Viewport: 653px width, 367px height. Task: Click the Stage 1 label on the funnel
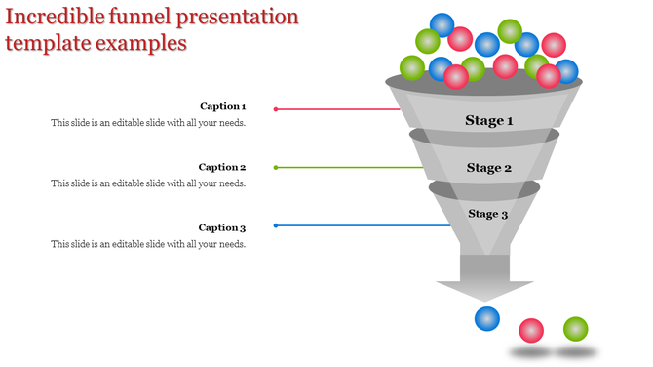pyautogui.click(x=488, y=121)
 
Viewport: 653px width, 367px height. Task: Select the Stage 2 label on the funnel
pyautogui.click(x=488, y=168)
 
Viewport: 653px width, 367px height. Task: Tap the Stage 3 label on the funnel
pyautogui.click(x=487, y=214)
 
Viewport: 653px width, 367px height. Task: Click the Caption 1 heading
pyautogui.click(x=222, y=106)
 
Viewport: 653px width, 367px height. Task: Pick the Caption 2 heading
pyautogui.click(x=222, y=167)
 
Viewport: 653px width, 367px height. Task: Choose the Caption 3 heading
pyautogui.click(x=222, y=228)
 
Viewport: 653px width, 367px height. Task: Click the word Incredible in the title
pyautogui.click(x=54, y=17)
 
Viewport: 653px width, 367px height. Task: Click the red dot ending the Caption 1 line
pyautogui.click(x=276, y=109)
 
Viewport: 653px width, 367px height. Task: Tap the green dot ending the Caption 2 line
pyautogui.click(x=276, y=168)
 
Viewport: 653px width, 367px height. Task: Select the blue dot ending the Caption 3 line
pyautogui.click(x=276, y=225)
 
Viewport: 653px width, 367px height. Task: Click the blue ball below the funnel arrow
pyautogui.click(x=486, y=318)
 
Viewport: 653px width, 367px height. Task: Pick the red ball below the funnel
pyautogui.click(x=531, y=331)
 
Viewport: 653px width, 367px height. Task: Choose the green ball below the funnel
pyautogui.click(x=576, y=329)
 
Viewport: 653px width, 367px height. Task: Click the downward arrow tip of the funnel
pyautogui.click(x=484, y=295)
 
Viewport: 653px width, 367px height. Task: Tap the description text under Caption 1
pyautogui.click(x=148, y=123)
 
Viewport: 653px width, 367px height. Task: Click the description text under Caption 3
pyautogui.click(x=148, y=244)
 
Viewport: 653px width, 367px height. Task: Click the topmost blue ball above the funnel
pyautogui.click(x=443, y=23)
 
